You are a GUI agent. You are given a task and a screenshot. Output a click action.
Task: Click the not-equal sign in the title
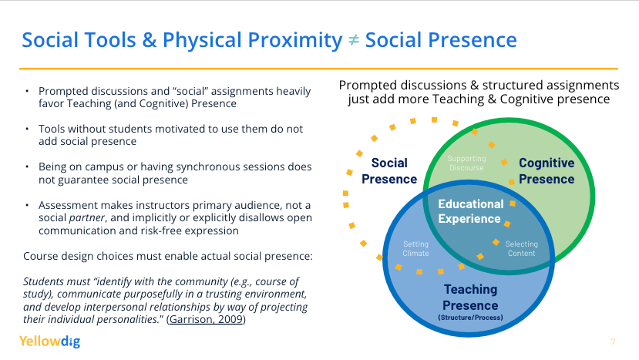coord(353,40)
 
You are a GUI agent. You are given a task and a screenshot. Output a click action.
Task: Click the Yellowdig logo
coord(50,341)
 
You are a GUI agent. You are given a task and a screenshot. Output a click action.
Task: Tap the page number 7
coord(613,341)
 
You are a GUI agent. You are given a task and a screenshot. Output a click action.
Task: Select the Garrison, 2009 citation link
coord(206,319)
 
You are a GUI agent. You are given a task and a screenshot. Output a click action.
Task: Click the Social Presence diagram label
coord(389,171)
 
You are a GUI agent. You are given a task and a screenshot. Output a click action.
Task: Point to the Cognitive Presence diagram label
coord(547,171)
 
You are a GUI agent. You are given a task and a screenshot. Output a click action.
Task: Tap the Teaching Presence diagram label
coord(470,298)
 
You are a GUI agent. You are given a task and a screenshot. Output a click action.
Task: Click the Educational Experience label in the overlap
coord(471,211)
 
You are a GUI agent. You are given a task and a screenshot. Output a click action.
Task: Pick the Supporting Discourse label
coord(466,163)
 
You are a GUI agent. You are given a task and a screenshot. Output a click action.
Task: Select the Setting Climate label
coord(415,249)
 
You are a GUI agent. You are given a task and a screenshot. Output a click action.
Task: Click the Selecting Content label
coord(522,249)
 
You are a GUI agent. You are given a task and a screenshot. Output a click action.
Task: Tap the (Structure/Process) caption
coord(470,317)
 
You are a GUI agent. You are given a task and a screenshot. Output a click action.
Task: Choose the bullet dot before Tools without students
coord(27,129)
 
